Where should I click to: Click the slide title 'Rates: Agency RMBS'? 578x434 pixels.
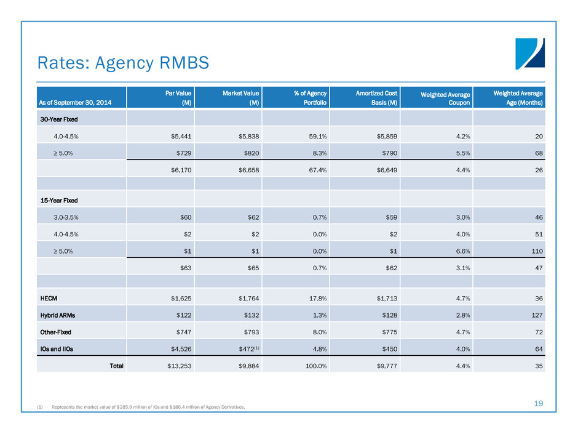click(123, 62)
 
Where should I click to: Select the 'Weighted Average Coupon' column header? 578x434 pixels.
click(446, 98)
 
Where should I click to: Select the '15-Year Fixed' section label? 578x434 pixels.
click(60, 200)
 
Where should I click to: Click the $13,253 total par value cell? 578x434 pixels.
click(175, 365)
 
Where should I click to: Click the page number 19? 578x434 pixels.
click(539, 403)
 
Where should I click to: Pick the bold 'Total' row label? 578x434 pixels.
click(115, 365)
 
